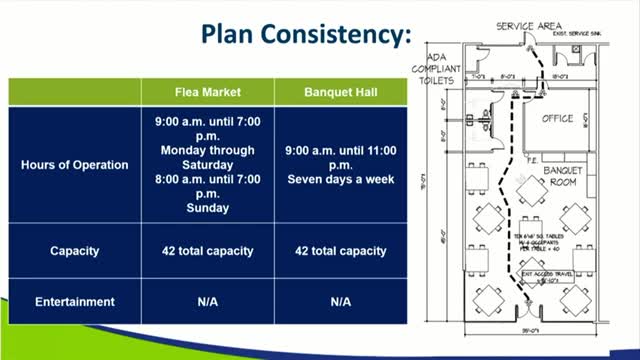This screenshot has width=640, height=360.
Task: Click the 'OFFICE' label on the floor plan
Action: coord(557,119)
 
